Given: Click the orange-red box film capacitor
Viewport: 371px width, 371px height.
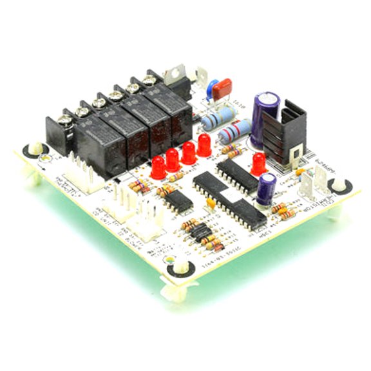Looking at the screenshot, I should (x=222, y=88).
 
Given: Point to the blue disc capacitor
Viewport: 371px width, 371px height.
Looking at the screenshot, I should (x=211, y=87).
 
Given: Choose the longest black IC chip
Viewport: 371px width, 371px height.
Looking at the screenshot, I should (x=229, y=200).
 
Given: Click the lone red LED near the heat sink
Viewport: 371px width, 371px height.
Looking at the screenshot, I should (x=259, y=164).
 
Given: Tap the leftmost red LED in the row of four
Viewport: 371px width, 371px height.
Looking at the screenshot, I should (x=158, y=167).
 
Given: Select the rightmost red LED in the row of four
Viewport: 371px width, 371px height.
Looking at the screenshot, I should (x=204, y=144).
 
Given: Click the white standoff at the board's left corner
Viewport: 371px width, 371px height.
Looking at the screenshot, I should (x=33, y=151).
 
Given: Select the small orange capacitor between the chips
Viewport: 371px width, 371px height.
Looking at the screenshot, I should (x=211, y=204).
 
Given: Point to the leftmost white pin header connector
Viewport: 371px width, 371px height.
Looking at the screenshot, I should (x=83, y=183).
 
